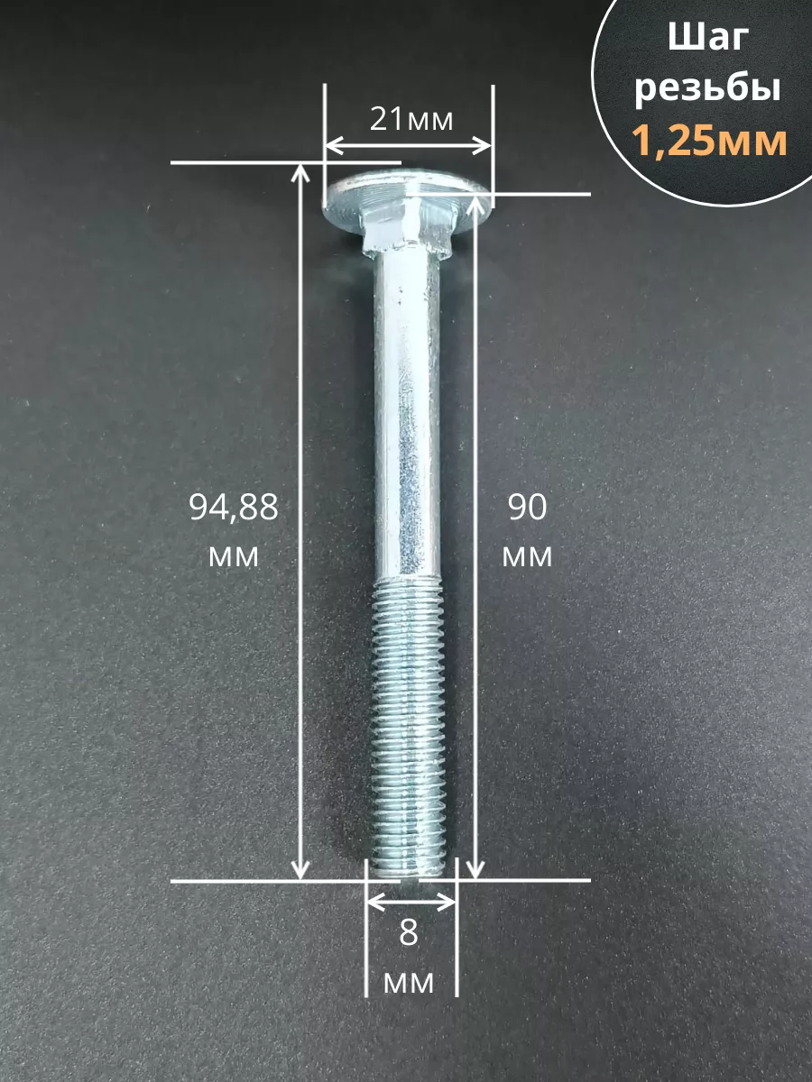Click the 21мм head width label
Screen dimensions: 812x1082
[411, 119]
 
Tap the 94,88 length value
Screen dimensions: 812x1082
[234, 509]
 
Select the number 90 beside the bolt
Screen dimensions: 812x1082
[527, 508]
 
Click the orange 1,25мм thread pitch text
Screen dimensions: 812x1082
[709, 141]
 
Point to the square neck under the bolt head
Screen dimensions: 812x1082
[404, 235]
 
